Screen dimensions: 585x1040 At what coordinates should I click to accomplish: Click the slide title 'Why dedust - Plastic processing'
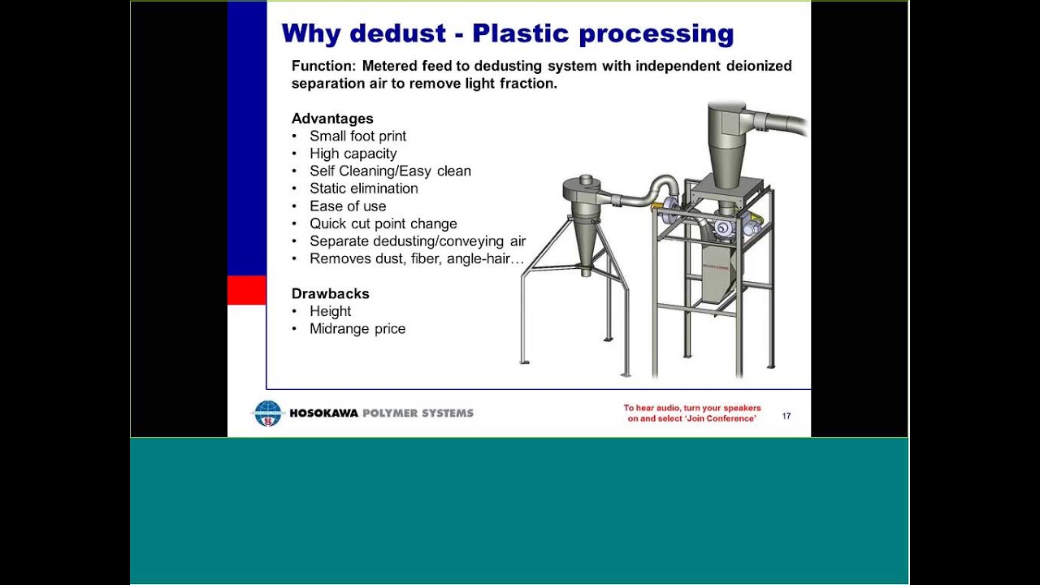click(507, 33)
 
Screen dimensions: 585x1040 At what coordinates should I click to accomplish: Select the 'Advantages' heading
click(332, 119)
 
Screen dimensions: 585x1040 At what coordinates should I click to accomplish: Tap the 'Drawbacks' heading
click(330, 293)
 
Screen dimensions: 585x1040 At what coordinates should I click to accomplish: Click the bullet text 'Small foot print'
click(357, 136)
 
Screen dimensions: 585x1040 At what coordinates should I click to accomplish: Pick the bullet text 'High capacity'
click(353, 154)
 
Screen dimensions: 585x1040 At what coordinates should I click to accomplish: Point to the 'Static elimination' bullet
click(363, 188)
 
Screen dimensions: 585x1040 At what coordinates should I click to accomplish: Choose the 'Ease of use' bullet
click(348, 206)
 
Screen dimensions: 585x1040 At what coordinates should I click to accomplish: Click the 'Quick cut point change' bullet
click(383, 223)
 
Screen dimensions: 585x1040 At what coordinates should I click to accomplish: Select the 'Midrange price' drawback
click(357, 329)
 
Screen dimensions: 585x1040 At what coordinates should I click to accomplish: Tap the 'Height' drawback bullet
click(330, 311)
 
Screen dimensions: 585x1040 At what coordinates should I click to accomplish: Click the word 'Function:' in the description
click(323, 66)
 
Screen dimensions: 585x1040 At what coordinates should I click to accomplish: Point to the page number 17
click(786, 416)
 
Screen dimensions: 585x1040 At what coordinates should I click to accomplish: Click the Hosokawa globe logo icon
click(267, 414)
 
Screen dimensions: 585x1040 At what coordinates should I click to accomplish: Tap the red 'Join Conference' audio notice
click(692, 414)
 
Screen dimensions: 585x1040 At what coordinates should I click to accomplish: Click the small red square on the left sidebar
click(247, 290)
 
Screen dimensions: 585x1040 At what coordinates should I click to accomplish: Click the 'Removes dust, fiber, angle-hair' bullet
click(416, 259)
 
